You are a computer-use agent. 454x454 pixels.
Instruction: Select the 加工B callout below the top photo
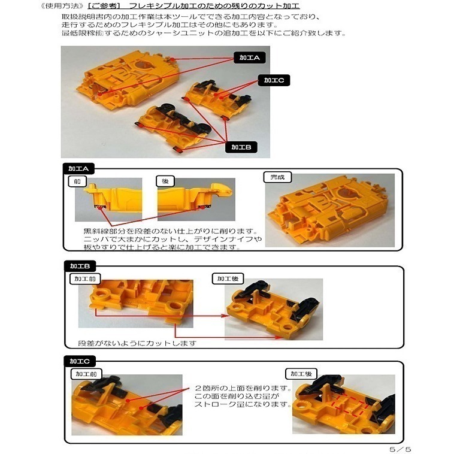point(242,147)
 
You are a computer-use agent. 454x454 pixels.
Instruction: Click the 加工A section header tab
point(78,169)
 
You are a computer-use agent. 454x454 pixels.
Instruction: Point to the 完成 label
point(276,177)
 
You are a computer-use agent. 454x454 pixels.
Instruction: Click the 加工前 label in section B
point(86,279)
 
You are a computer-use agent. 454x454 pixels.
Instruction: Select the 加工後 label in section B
point(229,279)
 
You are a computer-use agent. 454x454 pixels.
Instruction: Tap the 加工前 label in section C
point(86,374)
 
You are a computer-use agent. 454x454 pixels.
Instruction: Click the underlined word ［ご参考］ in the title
point(102,6)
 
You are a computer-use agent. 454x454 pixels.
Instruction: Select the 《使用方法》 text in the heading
point(60,6)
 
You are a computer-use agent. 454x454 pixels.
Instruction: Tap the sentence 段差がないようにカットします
point(138,344)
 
